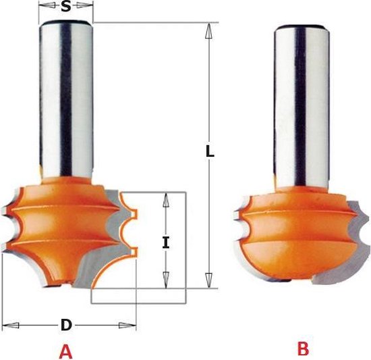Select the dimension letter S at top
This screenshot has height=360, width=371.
[66, 7]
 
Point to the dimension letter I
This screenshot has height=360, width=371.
[166, 242]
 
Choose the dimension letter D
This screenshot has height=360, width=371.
[66, 325]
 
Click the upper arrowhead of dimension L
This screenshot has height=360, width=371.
[208, 30]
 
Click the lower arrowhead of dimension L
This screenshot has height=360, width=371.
[208, 280]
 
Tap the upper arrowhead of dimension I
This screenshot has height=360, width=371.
[166, 201]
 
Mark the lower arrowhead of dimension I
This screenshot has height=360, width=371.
[166, 280]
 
